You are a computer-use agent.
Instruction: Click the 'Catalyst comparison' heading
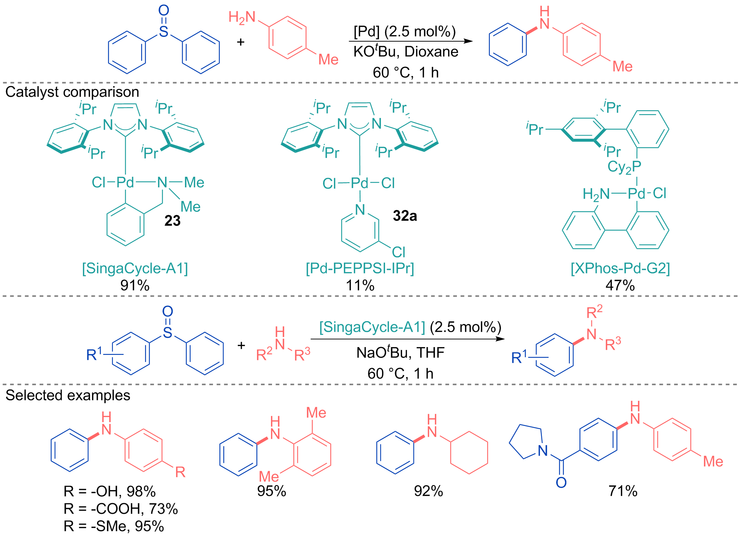pos(72,92)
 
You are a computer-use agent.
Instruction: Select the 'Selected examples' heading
pos(68,395)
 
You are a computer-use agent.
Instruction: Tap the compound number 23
pos(172,221)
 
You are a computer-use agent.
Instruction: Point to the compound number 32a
pos(405,216)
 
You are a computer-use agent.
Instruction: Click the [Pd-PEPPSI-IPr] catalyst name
pos(360,268)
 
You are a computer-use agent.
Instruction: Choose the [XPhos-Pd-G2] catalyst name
pos(620,268)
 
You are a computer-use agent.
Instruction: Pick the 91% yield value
pos(135,285)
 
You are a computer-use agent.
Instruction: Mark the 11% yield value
pos(360,285)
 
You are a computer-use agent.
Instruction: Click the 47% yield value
pos(620,285)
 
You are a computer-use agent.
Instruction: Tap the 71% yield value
pos(623,491)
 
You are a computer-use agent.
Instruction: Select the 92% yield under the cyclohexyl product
pos(428,491)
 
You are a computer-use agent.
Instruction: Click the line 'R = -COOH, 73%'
pos(121,509)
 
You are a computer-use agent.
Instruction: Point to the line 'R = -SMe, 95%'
pos(114,526)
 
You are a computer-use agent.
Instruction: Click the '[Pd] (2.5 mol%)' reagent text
pos(405,32)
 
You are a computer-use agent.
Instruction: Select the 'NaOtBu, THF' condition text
pos(400,352)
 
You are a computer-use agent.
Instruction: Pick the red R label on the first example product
pos(180,472)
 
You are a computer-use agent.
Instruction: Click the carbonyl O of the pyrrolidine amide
pos(561,483)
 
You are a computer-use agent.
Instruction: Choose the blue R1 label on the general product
pos(519,357)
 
